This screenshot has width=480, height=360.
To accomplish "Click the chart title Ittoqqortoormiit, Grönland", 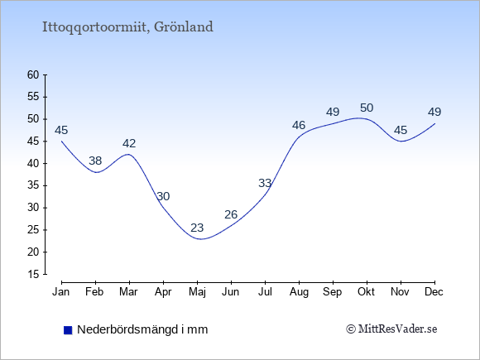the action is (x=127, y=27).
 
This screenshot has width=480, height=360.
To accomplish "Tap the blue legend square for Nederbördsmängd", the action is (x=68, y=330).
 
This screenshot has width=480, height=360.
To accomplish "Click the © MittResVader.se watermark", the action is (x=391, y=329).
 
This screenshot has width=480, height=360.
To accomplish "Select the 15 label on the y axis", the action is (x=33, y=274).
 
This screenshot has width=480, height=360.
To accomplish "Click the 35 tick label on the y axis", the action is (x=33, y=185).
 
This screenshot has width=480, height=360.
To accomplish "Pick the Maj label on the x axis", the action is (x=197, y=292).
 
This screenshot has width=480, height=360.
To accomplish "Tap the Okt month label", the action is (x=367, y=292).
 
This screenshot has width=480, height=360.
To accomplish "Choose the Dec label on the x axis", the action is (x=434, y=292).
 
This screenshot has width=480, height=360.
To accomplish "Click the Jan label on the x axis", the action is (x=61, y=292).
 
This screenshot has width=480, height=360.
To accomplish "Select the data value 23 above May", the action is (x=197, y=228).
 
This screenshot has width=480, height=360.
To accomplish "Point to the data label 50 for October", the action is (x=367, y=108).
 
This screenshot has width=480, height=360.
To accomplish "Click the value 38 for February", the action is (x=95, y=161).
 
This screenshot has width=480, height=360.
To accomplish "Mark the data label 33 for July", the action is (x=265, y=183).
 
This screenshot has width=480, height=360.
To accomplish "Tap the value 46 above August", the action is (x=299, y=125).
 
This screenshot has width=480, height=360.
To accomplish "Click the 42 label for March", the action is (x=129, y=143).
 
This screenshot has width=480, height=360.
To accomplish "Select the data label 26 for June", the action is (x=231, y=214).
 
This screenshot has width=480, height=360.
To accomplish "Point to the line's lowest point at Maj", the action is (x=200, y=239).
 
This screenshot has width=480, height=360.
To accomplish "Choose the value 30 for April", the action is (x=163, y=196).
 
